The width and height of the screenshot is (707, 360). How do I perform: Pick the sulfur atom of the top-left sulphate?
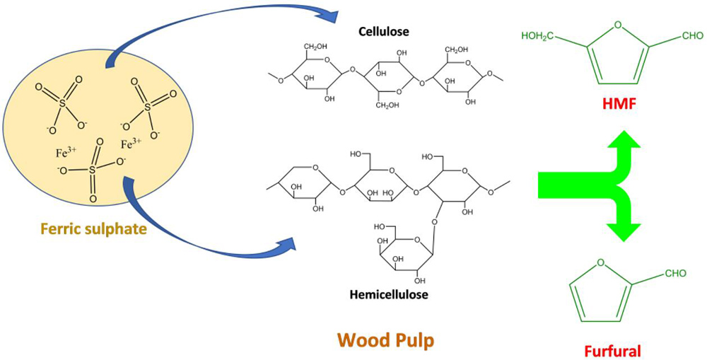62,104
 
